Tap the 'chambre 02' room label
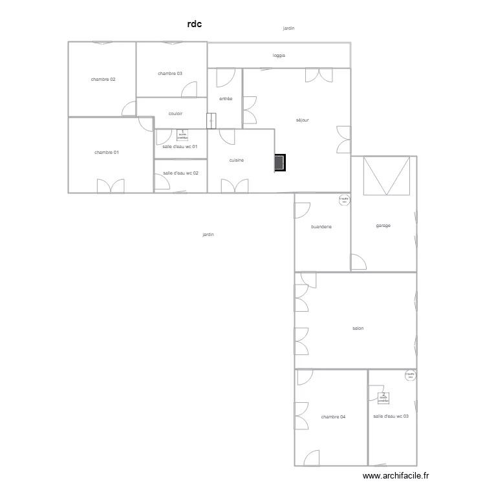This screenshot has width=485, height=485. [x=103, y=79]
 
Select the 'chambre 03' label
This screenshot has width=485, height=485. [x=170, y=74]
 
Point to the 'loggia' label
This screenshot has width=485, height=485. [x=279, y=56]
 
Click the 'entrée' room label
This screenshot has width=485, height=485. [x=226, y=98]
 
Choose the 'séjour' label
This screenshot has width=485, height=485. [x=303, y=120]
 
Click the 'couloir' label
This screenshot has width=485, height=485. [x=175, y=114]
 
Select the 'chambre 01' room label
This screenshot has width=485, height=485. [x=107, y=153]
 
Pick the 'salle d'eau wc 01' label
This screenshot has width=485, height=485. [x=180, y=147]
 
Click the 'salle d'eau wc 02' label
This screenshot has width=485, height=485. [x=180, y=173]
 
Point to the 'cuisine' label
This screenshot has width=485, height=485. [x=237, y=160]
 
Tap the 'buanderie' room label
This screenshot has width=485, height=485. [x=321, y=227]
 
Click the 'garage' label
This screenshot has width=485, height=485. [x=383, y=226]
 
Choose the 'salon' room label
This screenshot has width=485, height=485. [x=358, y=329]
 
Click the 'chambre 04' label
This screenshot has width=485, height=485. [x=333, y=417]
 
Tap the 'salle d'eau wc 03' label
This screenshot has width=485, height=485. [x=391, y=416]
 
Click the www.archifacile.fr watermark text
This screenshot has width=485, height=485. [x=396, y=475]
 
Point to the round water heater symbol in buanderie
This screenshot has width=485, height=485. [x=343, y=200]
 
